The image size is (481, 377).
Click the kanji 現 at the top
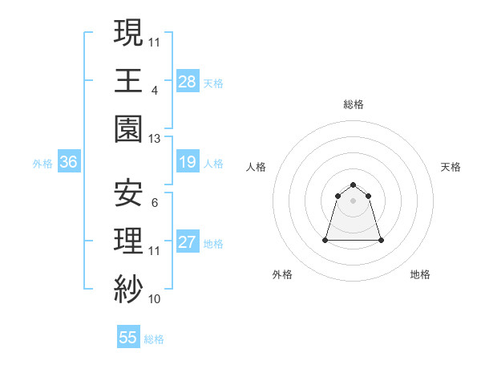coord(128,33)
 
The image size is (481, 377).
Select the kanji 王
coord(128,81)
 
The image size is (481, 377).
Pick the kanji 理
coord(128,241)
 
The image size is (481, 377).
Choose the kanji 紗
coord(128,289)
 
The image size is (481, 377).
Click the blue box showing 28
coord(187,81)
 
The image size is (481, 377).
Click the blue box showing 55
coord(128,338)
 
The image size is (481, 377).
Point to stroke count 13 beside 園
coord(154,138)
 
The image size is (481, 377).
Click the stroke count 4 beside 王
coord(154,90)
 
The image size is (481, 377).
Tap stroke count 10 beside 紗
coord(154,298)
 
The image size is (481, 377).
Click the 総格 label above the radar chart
coord(353,104)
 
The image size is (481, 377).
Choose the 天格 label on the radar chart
coord(451,167)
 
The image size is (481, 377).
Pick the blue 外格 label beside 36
coord(42,164)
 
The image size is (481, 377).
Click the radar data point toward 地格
coord(381,240)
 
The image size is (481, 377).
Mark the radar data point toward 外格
coord(326,239)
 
